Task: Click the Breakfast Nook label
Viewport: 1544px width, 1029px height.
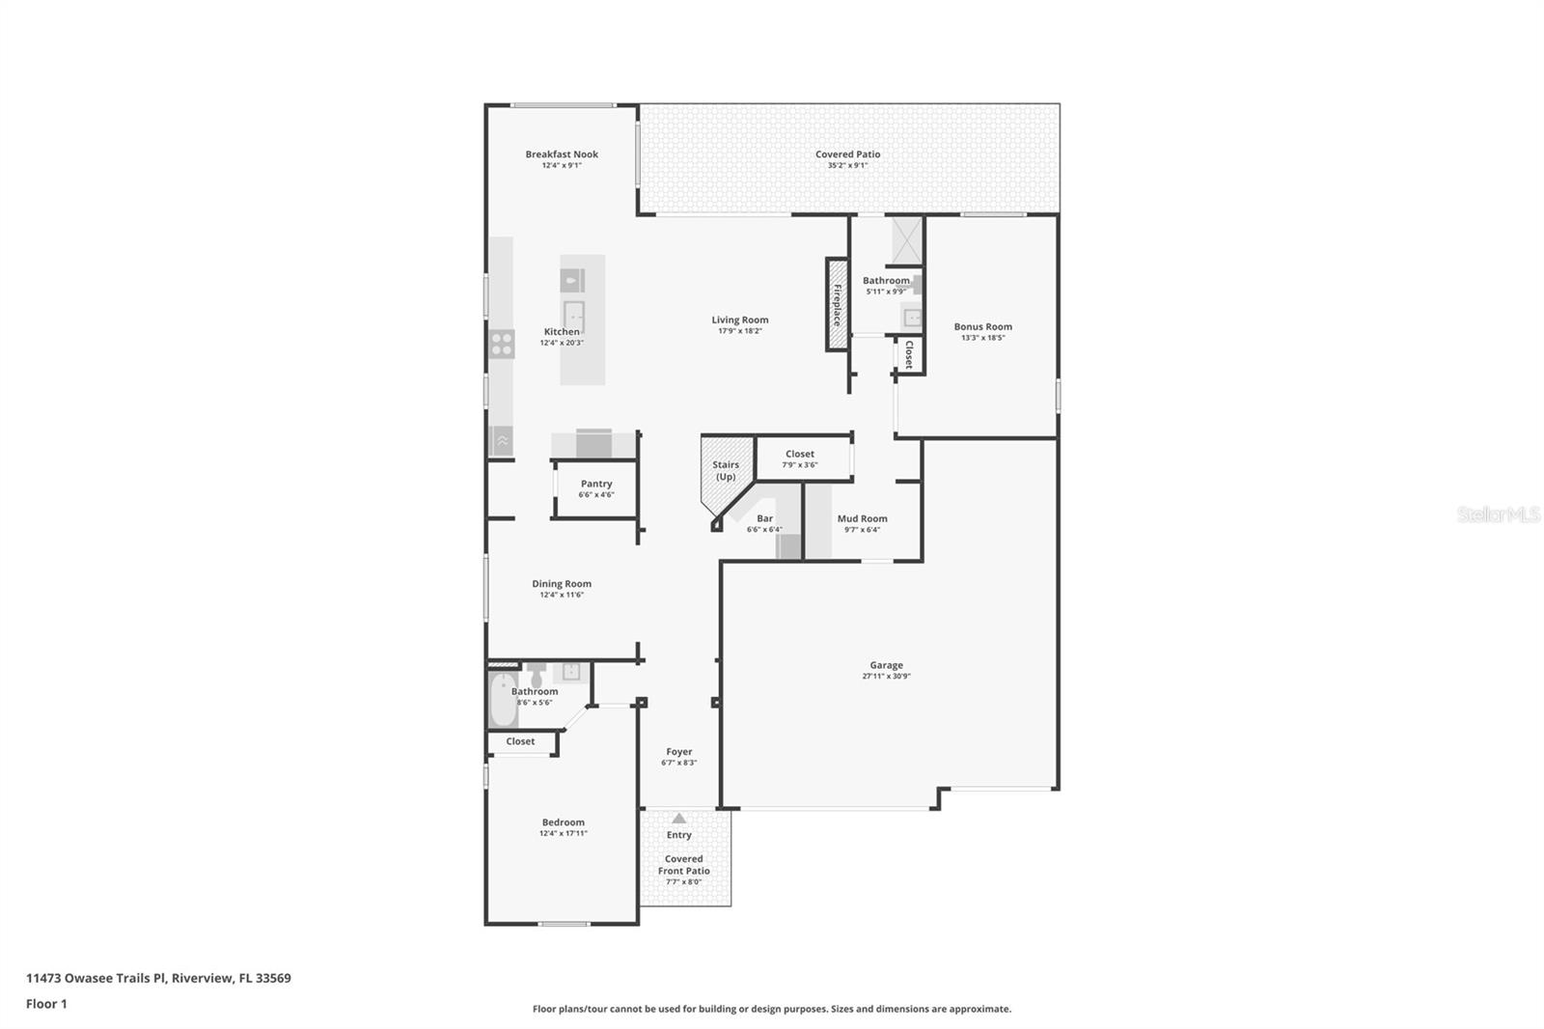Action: [x=562, y=153]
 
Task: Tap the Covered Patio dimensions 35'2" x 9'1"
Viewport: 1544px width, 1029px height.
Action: [x=847, y=165]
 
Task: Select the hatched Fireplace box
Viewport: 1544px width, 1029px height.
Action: [x=837, y=305]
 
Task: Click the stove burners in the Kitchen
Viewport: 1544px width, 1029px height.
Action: [x=502, y=344]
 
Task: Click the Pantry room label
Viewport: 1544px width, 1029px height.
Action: [x=596, y=484]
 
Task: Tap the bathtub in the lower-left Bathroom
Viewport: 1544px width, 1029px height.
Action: [x=503, y=701]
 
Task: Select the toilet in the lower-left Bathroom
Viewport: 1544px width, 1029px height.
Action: [x=537, y=674]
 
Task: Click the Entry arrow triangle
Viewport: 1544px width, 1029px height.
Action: [x=678, y=819]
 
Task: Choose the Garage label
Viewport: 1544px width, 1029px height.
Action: [x=886, y=665]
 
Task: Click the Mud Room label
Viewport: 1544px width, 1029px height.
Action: [x=862, y=518]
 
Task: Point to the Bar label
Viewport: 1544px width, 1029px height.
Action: [x=764, y=518]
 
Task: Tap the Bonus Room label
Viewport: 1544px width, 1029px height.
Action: [x=982, y=326]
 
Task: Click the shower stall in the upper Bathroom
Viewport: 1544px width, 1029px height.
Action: [x=907, y=240]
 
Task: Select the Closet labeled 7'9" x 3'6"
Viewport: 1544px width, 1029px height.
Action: [x=800, y=459]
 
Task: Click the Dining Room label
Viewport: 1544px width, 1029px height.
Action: [x=562, y=583]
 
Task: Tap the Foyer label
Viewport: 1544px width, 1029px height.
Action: [x=678, y=751]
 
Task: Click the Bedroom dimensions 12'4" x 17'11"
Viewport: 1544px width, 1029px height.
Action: [x=563, y=833]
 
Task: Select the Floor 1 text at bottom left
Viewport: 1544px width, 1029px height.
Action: [x=46, y=1004]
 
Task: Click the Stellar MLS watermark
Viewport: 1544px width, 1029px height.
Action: [x=1498, y=514]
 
